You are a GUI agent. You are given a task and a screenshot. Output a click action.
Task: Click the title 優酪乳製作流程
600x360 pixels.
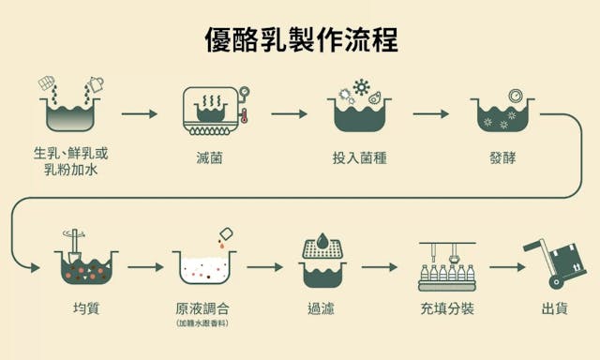coord(300,40)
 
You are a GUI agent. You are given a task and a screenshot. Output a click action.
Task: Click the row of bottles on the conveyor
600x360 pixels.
coord(448,274)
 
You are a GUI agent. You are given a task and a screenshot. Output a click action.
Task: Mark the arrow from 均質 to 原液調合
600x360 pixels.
coord(145,267)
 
